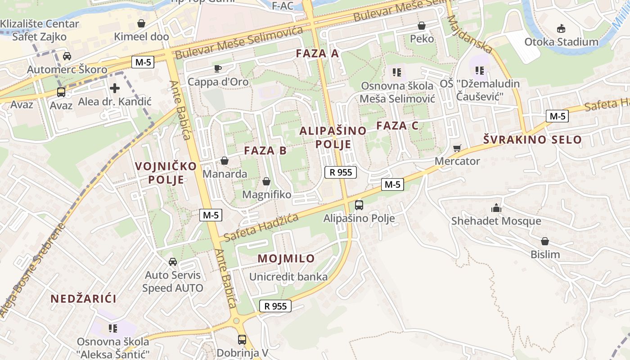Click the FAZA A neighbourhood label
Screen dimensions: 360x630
point(317,54)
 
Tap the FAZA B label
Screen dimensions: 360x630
point(265,151)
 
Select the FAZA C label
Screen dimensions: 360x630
point(397,126)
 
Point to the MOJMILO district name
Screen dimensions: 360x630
point(286,259)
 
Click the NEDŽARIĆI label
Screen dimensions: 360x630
point(83,299)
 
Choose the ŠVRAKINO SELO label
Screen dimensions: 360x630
point(532,139)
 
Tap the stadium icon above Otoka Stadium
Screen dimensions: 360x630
point(561,29)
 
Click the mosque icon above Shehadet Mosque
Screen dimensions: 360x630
point(496,208)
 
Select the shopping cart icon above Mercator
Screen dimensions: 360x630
point(457,148)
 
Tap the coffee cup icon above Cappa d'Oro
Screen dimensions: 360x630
point(218,69)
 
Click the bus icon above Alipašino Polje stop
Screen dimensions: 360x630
point(359,205)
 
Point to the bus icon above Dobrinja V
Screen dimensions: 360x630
point(242,339)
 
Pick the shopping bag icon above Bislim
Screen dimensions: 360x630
point(545,241)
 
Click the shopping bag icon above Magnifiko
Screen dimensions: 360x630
point(266,181)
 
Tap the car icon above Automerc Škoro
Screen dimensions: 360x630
point(67,56)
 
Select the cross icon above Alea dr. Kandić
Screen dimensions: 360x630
point(115,88)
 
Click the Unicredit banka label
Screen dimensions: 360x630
point(288,277)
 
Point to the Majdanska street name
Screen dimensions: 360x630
point(470,34)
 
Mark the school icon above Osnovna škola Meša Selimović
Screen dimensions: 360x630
point(396,72)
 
